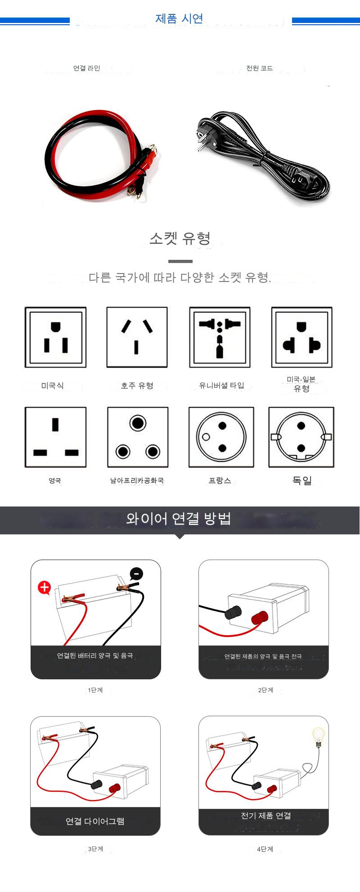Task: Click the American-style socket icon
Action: (x=55, y=337)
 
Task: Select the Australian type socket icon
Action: (x=137, y=337)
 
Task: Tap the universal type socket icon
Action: (x=220, y=337)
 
